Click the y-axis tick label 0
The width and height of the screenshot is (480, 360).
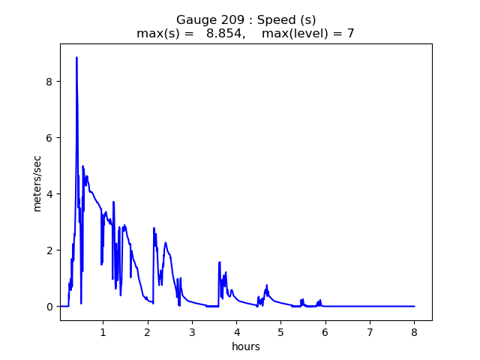click(49, 307)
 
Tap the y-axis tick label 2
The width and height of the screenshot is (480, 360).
click(49, 250)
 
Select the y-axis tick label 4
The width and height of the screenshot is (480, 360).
click(49, 194)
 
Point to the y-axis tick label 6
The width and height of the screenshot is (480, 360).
click(49, 138)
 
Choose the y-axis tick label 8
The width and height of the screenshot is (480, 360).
click(49, 82)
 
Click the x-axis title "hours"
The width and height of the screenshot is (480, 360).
click(246, 346)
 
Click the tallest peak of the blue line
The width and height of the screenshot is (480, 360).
click(76, 58)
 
